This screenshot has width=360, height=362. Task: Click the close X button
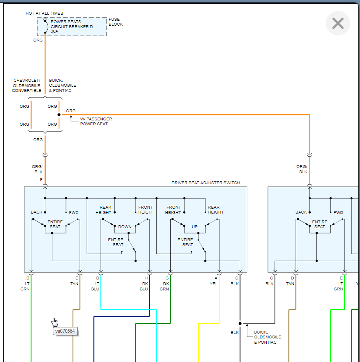[x=338, y=23]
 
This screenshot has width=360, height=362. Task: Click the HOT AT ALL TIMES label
[x=44, y=13]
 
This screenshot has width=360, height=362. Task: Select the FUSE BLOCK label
[x=116, y=22]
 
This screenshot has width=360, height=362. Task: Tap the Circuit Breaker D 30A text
[x=72, y=26]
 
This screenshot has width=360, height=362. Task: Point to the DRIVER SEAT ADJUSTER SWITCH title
[x=206, y=183]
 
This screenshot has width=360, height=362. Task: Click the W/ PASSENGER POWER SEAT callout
[x=96, y=121]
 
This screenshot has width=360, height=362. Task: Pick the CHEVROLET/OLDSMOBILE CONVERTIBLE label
[x=26, y=85]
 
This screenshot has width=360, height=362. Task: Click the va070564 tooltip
[x=65, y=331]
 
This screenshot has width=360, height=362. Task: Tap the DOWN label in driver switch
[x=125, y=227]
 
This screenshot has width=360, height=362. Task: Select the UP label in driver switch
[x=195, y=227]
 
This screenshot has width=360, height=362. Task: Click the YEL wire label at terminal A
[x=214, y=283]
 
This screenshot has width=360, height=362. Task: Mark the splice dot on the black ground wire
[x=240, y=323]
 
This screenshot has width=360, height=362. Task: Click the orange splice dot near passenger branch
[x=59, y=115]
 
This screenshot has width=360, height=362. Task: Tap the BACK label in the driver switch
[x=37, y=212]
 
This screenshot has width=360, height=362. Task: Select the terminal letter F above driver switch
[x=41, y=179]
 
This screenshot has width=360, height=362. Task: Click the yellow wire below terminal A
[x=220, y=301]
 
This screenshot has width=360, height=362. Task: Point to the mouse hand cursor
[x=55, y=322]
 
